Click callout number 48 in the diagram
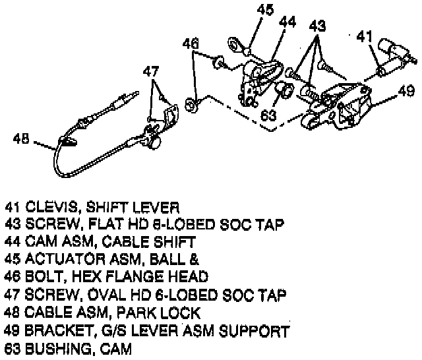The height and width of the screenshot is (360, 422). (21, 138)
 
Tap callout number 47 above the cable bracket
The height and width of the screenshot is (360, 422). (152, 71)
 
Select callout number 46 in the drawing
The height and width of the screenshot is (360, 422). (191, 44)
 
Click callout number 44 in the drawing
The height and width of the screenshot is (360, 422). (287, 22)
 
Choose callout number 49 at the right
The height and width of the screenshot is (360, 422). (406, 92)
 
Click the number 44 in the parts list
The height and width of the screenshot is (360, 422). (13, 241)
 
